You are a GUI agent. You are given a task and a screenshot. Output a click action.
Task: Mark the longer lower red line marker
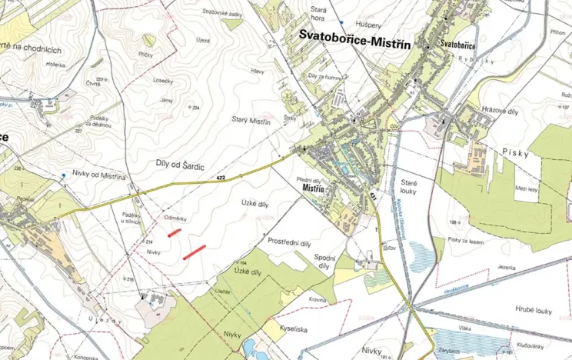click(195, 252)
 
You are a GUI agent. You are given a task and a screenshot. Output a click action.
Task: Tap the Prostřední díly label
click(289, 242)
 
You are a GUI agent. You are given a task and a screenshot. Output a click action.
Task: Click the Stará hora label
click(318, 13)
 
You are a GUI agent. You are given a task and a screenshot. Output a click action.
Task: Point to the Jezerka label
click(505, 266)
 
